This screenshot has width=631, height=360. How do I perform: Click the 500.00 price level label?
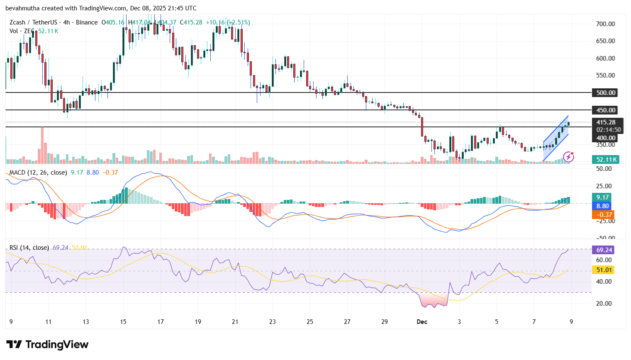coord(605,93)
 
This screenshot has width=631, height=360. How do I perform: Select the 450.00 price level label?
coord(605,110)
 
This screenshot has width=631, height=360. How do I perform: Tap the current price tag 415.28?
coord(606,122)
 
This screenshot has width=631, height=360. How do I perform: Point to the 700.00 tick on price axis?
coord(605,24)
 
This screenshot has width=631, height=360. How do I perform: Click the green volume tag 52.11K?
coord(605,160)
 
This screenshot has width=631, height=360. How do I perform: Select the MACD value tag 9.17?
coord(602,197)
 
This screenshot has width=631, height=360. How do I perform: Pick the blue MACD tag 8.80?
coord(602,206)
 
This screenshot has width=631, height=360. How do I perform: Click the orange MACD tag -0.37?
coord(603,215)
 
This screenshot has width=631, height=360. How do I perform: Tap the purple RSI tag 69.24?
coord(604,250)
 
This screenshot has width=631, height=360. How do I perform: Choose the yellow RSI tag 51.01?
coord(604,270)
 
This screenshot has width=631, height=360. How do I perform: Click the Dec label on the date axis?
coord(422,322)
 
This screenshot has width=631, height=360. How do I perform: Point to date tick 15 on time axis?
coord(123,322)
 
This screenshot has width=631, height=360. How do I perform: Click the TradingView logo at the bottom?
coord(47,345)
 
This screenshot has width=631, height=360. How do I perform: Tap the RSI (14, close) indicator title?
coord(29,248)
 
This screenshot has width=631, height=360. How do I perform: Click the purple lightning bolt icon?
coord(568,157)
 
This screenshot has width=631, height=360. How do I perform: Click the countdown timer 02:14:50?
coord(609,130)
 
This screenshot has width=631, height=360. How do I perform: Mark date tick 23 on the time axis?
coord(273,322)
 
